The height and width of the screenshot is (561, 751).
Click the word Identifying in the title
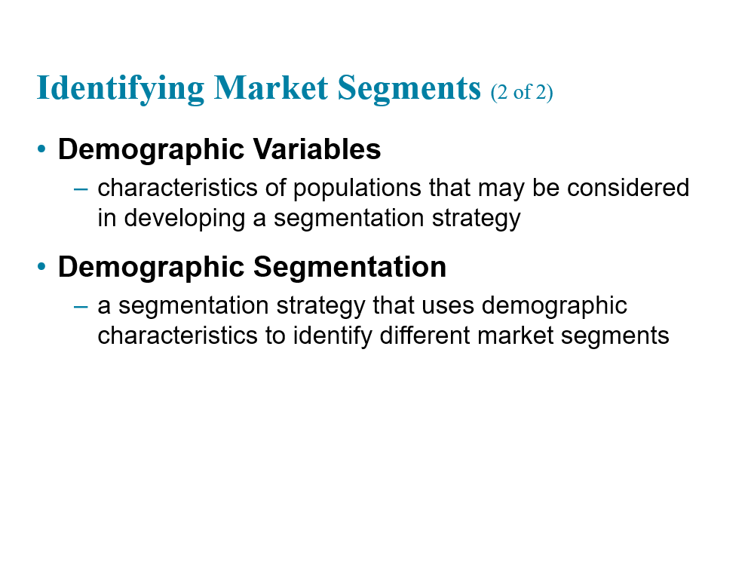(120, 89)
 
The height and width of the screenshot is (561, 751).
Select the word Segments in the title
(409, 89)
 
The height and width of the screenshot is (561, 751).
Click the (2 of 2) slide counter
(522, 92)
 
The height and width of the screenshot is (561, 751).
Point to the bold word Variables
(317, 149)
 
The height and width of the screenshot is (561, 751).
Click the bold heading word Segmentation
(350, 267)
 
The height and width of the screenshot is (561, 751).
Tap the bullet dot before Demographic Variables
(41, 149)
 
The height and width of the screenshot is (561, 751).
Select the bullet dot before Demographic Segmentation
(41, 266)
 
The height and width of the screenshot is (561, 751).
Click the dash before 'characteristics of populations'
(81, 189)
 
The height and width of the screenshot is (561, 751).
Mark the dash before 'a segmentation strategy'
(81, 306)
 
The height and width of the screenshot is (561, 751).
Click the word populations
(357, 189)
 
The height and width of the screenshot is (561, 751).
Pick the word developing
(185, 219)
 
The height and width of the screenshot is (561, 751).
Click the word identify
(333, 336)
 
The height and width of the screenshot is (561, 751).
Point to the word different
(425, 335)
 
